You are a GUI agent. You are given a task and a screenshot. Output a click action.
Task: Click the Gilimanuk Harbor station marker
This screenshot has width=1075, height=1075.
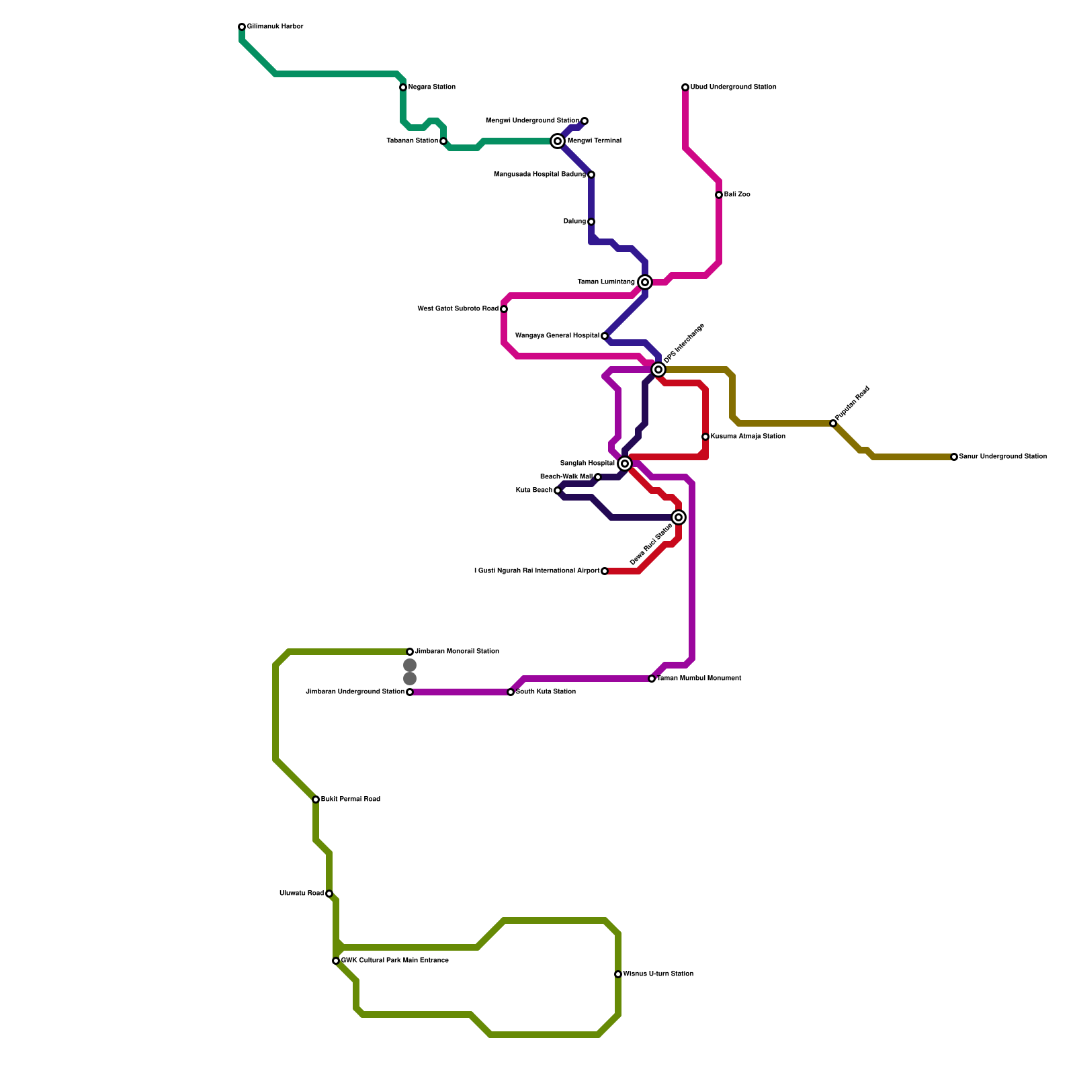click(x=242, y=27)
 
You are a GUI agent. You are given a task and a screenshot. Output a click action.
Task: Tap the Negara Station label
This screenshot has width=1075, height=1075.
click(x=431, y=87)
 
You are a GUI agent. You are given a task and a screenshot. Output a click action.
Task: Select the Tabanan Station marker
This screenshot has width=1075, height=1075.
click(x=443, y=141)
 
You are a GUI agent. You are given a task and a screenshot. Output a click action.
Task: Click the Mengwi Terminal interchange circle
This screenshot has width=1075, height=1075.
click(x=558, y=141)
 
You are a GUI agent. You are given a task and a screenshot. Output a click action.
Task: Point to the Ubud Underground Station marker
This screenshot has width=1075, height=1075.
click(x=685, y=87)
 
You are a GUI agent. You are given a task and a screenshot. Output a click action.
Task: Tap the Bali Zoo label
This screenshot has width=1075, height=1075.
click(x=737, y=195)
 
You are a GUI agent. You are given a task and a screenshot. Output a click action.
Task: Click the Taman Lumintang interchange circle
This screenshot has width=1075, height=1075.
click(x=645, y=282)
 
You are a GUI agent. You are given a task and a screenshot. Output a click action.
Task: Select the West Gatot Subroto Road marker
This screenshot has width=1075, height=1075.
click(x=504, y=309)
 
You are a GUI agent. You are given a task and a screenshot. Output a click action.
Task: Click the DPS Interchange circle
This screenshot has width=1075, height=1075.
click(x=658, y=370)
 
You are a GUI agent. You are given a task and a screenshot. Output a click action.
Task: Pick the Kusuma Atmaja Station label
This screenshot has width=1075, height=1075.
click(x=748, y=437)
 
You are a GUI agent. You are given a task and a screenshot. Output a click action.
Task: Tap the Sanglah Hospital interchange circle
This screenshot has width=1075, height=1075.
click(x=625, y=464)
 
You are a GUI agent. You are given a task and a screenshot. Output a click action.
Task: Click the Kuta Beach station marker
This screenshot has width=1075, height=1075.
click(x=558, y=490)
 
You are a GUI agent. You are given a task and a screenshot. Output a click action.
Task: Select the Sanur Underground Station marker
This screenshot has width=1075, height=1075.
click(x=954, y=457)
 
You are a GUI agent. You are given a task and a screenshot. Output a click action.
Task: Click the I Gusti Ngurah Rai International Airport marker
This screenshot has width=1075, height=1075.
click(x=605, y=571)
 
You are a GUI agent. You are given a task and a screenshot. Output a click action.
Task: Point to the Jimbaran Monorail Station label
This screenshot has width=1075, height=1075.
click(x=457, y=652)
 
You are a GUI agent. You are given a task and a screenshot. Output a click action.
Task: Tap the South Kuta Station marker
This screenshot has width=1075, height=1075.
click(x=511, y=692)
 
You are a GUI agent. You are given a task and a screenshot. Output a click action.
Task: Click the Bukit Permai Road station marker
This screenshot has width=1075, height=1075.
click(x=316, y=800)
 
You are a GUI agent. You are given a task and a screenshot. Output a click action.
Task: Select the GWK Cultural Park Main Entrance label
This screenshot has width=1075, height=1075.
click(x=394, y=961)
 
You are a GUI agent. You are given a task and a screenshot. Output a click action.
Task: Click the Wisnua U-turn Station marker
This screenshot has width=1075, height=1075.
click(x=618, y=974)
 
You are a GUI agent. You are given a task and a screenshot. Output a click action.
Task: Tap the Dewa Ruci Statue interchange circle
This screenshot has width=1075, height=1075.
click(x=679, y=517)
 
